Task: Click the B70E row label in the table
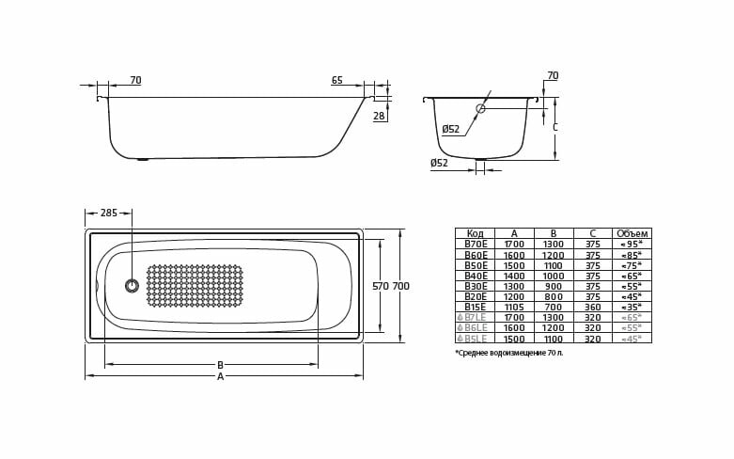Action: [x=476, y=245]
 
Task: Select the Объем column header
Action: [x=632, y=233]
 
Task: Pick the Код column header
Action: [x=475, y=233]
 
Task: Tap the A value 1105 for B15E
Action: [x=514, y=307]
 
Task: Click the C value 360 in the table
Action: [x=592, y=307]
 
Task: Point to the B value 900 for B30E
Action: [x=554, y=286]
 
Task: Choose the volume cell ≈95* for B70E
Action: [x=632, y=245]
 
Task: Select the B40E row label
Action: [x=476, y=276]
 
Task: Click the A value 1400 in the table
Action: [x=514, y=276]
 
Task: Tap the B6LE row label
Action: [x=476, y=328]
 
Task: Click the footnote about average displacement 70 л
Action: [x=509, y=353]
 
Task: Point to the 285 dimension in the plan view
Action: [x=109, y=214]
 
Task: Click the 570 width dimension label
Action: [x=380, y=286]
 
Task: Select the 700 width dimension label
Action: [x=400, y=286]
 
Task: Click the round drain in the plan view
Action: [x=132, y=285]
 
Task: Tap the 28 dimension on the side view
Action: [x=379, y=117]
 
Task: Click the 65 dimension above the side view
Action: [x=336, y=81]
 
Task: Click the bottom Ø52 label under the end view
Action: [x=439, y=164]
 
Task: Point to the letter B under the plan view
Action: [x=220, y=365]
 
